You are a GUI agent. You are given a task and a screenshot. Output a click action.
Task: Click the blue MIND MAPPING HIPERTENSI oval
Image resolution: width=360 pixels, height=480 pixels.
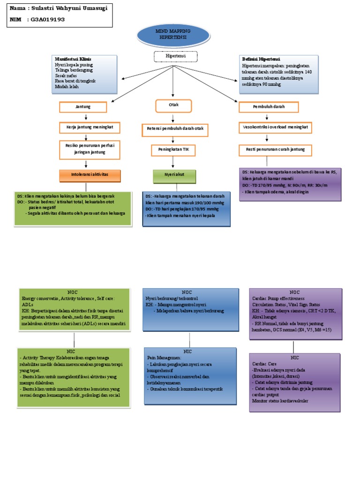coord(173,33)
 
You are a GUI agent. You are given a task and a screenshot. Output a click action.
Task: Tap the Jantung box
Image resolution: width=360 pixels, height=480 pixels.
coord(83,107)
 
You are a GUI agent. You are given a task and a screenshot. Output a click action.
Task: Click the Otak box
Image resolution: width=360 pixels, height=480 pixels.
coord(173,105)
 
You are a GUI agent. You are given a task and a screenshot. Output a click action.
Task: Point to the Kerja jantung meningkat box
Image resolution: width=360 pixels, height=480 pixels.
coord(90,127)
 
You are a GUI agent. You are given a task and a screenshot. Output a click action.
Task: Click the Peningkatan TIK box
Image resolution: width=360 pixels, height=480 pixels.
coord(173,150)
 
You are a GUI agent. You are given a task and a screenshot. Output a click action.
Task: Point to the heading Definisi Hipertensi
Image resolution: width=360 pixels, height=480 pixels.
coord(261,60)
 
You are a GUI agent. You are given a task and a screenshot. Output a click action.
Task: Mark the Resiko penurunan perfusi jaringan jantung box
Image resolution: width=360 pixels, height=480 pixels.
coord(90,149)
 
